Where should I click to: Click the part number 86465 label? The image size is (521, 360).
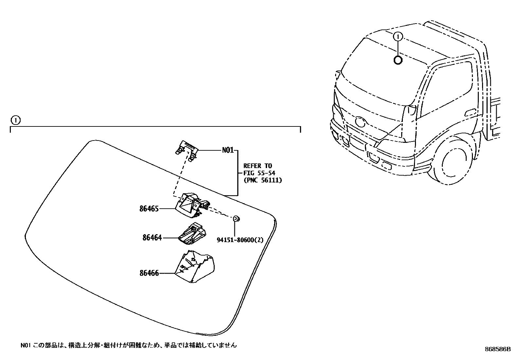(149, 209)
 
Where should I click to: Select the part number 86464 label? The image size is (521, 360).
(152, 237)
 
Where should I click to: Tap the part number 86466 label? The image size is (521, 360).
(149, 273)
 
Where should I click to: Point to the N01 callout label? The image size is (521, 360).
(228, 150)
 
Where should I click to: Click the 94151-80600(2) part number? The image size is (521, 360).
(240, 240)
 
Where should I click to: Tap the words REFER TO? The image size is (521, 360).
(258, 166)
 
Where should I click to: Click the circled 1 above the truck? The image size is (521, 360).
(398, 37)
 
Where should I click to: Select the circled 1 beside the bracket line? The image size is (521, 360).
(15, 121)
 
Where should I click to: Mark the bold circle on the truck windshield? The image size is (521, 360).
(398, 60)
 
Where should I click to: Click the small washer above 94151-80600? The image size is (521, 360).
(236, 218)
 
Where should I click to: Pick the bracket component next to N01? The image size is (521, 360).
(187, 150)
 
